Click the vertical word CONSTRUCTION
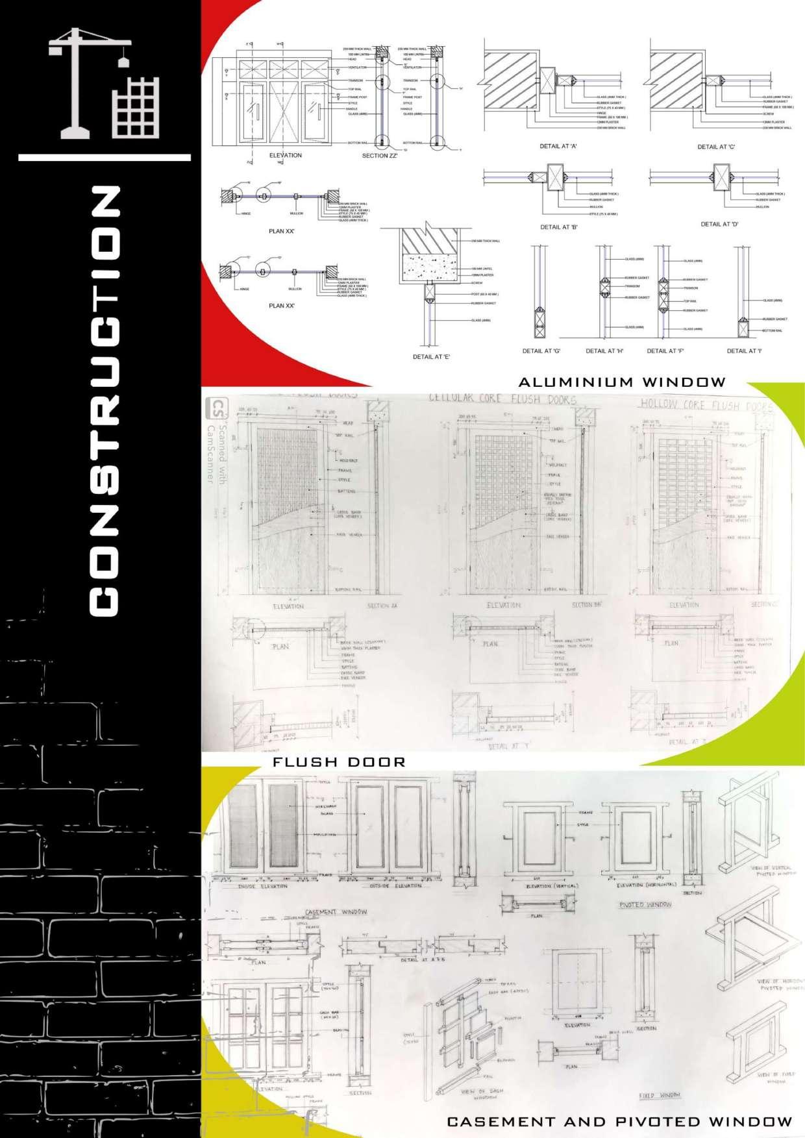[x=104, y=402]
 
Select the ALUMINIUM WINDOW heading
[x=621, y=382]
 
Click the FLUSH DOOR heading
[x=339, y=762]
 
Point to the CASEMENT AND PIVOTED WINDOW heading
[x=619, y=1121]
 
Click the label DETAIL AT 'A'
[x=558, y=147]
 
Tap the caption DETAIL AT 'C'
[x=716, y=147]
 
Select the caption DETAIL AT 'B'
[x=559, y=227]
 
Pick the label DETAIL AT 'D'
[x=719, y=224]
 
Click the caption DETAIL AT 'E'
[x=432, y=357]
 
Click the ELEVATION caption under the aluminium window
[x=286, y=156]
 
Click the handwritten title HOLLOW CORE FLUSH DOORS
[x=706, y=405]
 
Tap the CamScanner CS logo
[x=214, y=410]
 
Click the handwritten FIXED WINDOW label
[x=660, y=1095]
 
